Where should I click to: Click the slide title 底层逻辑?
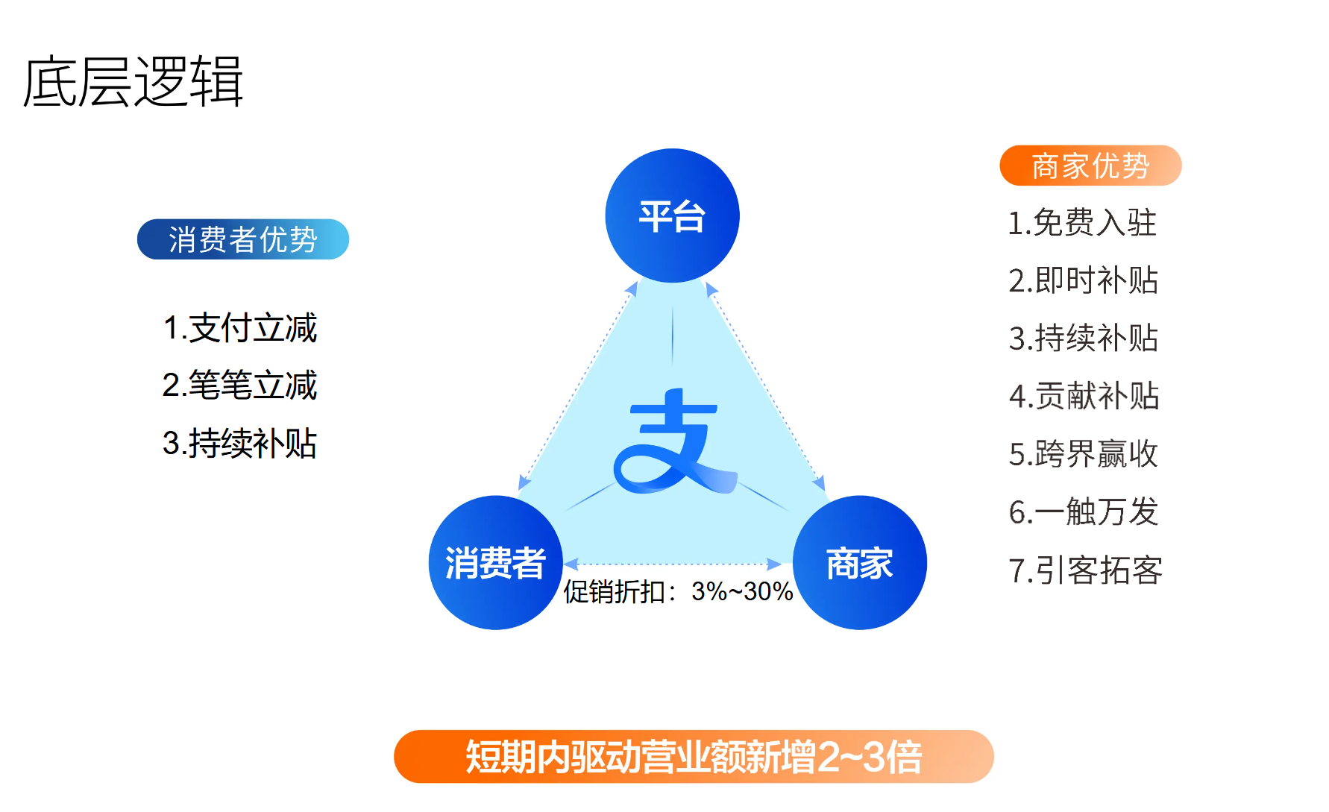click(133, 81)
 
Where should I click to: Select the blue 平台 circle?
click(672, 215)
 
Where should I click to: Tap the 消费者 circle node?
click(496, 562)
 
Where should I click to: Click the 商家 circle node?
click(859, 562)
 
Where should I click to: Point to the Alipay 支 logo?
click(675, 441)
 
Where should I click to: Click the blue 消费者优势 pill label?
click(243, 239)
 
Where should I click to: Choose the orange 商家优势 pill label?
click(1090, 166)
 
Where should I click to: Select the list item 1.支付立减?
click(240, 328)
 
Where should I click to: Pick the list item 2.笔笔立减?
click(240, 385)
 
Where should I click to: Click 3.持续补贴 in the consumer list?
click(240, 444)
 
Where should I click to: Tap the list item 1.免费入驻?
click(1082, 223)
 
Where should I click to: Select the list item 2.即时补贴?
click(1083, 280)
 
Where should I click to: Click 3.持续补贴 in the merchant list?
click(1083, 338)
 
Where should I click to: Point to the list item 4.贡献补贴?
click(1084, 396)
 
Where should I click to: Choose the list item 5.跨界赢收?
click(1083, 453)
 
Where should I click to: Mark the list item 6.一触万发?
click(1083, 512)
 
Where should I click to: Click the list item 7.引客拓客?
click(1085, 570)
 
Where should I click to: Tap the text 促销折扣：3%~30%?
click(678, 591)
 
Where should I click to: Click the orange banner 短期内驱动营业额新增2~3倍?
click(694, 756)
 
